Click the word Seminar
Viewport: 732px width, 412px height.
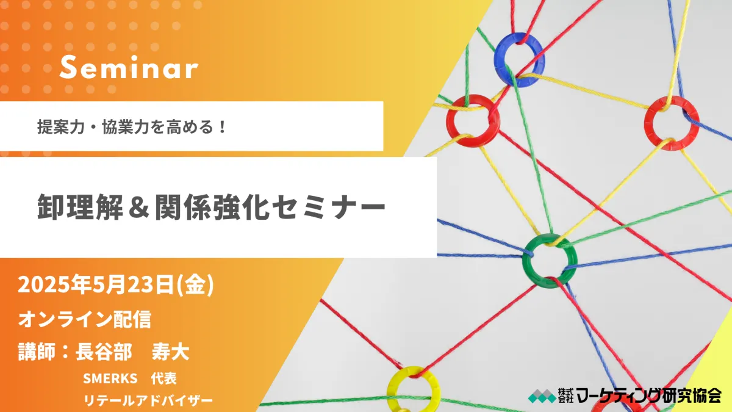(129, 68)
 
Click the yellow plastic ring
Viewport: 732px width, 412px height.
(392, 389)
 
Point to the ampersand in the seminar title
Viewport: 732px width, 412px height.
(139, 208)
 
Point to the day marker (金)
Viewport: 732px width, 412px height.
(195, 285)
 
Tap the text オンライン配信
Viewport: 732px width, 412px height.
(85, 319)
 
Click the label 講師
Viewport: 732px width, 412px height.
(36, 352)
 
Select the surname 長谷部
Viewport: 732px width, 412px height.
(104, 352)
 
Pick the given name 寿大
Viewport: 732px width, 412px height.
(170, 352)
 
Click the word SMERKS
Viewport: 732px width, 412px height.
(110, 378)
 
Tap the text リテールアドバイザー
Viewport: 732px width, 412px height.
(148, 400)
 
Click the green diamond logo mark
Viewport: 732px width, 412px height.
(542, 396)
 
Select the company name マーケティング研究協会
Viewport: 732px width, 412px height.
(649, 396)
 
